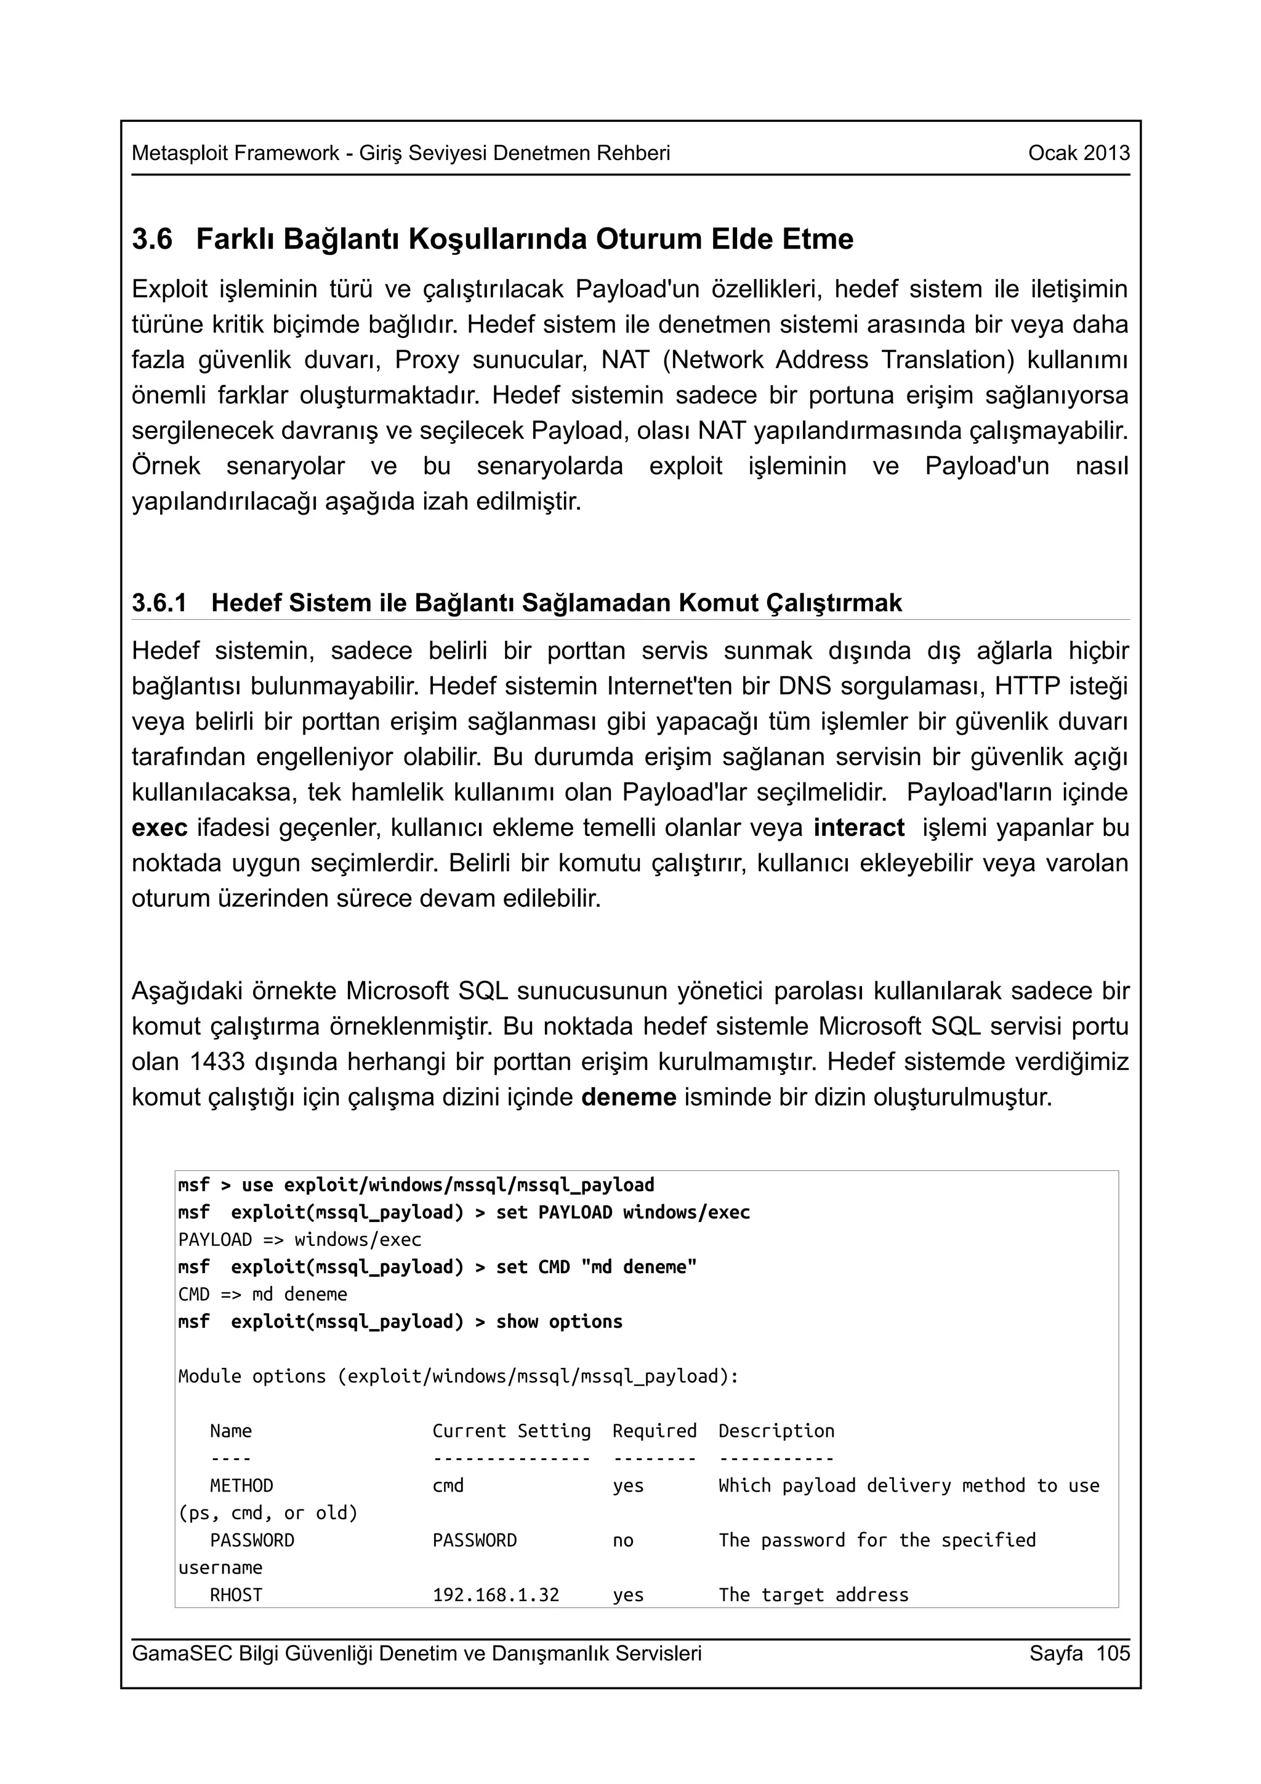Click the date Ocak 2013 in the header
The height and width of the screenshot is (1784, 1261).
click(x=1078, y=153)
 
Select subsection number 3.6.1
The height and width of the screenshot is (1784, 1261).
click(x=159, y=603)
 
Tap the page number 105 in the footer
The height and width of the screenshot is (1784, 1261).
click(x=1113, y=1653)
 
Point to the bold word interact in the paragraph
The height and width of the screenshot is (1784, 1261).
click(x=858, y=827)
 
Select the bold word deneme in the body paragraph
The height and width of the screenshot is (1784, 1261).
click(x=629, y=1097)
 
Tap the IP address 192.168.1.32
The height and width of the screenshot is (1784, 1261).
click(x=496, y=1594)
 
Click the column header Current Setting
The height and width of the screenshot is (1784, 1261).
click(x=511, y=1431)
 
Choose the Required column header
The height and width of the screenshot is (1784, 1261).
click(x=654, y=1431)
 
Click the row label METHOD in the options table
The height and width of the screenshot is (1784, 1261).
click(x=241, y=1485)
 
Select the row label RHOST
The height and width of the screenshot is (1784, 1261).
click(x=236, y=1594)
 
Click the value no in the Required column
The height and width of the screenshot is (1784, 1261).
click(x=622, y=1540)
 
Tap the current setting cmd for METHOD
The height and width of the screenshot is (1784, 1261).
click(x=448, y=1485)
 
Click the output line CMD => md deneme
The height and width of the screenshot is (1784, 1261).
click(x=263, y=1295)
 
